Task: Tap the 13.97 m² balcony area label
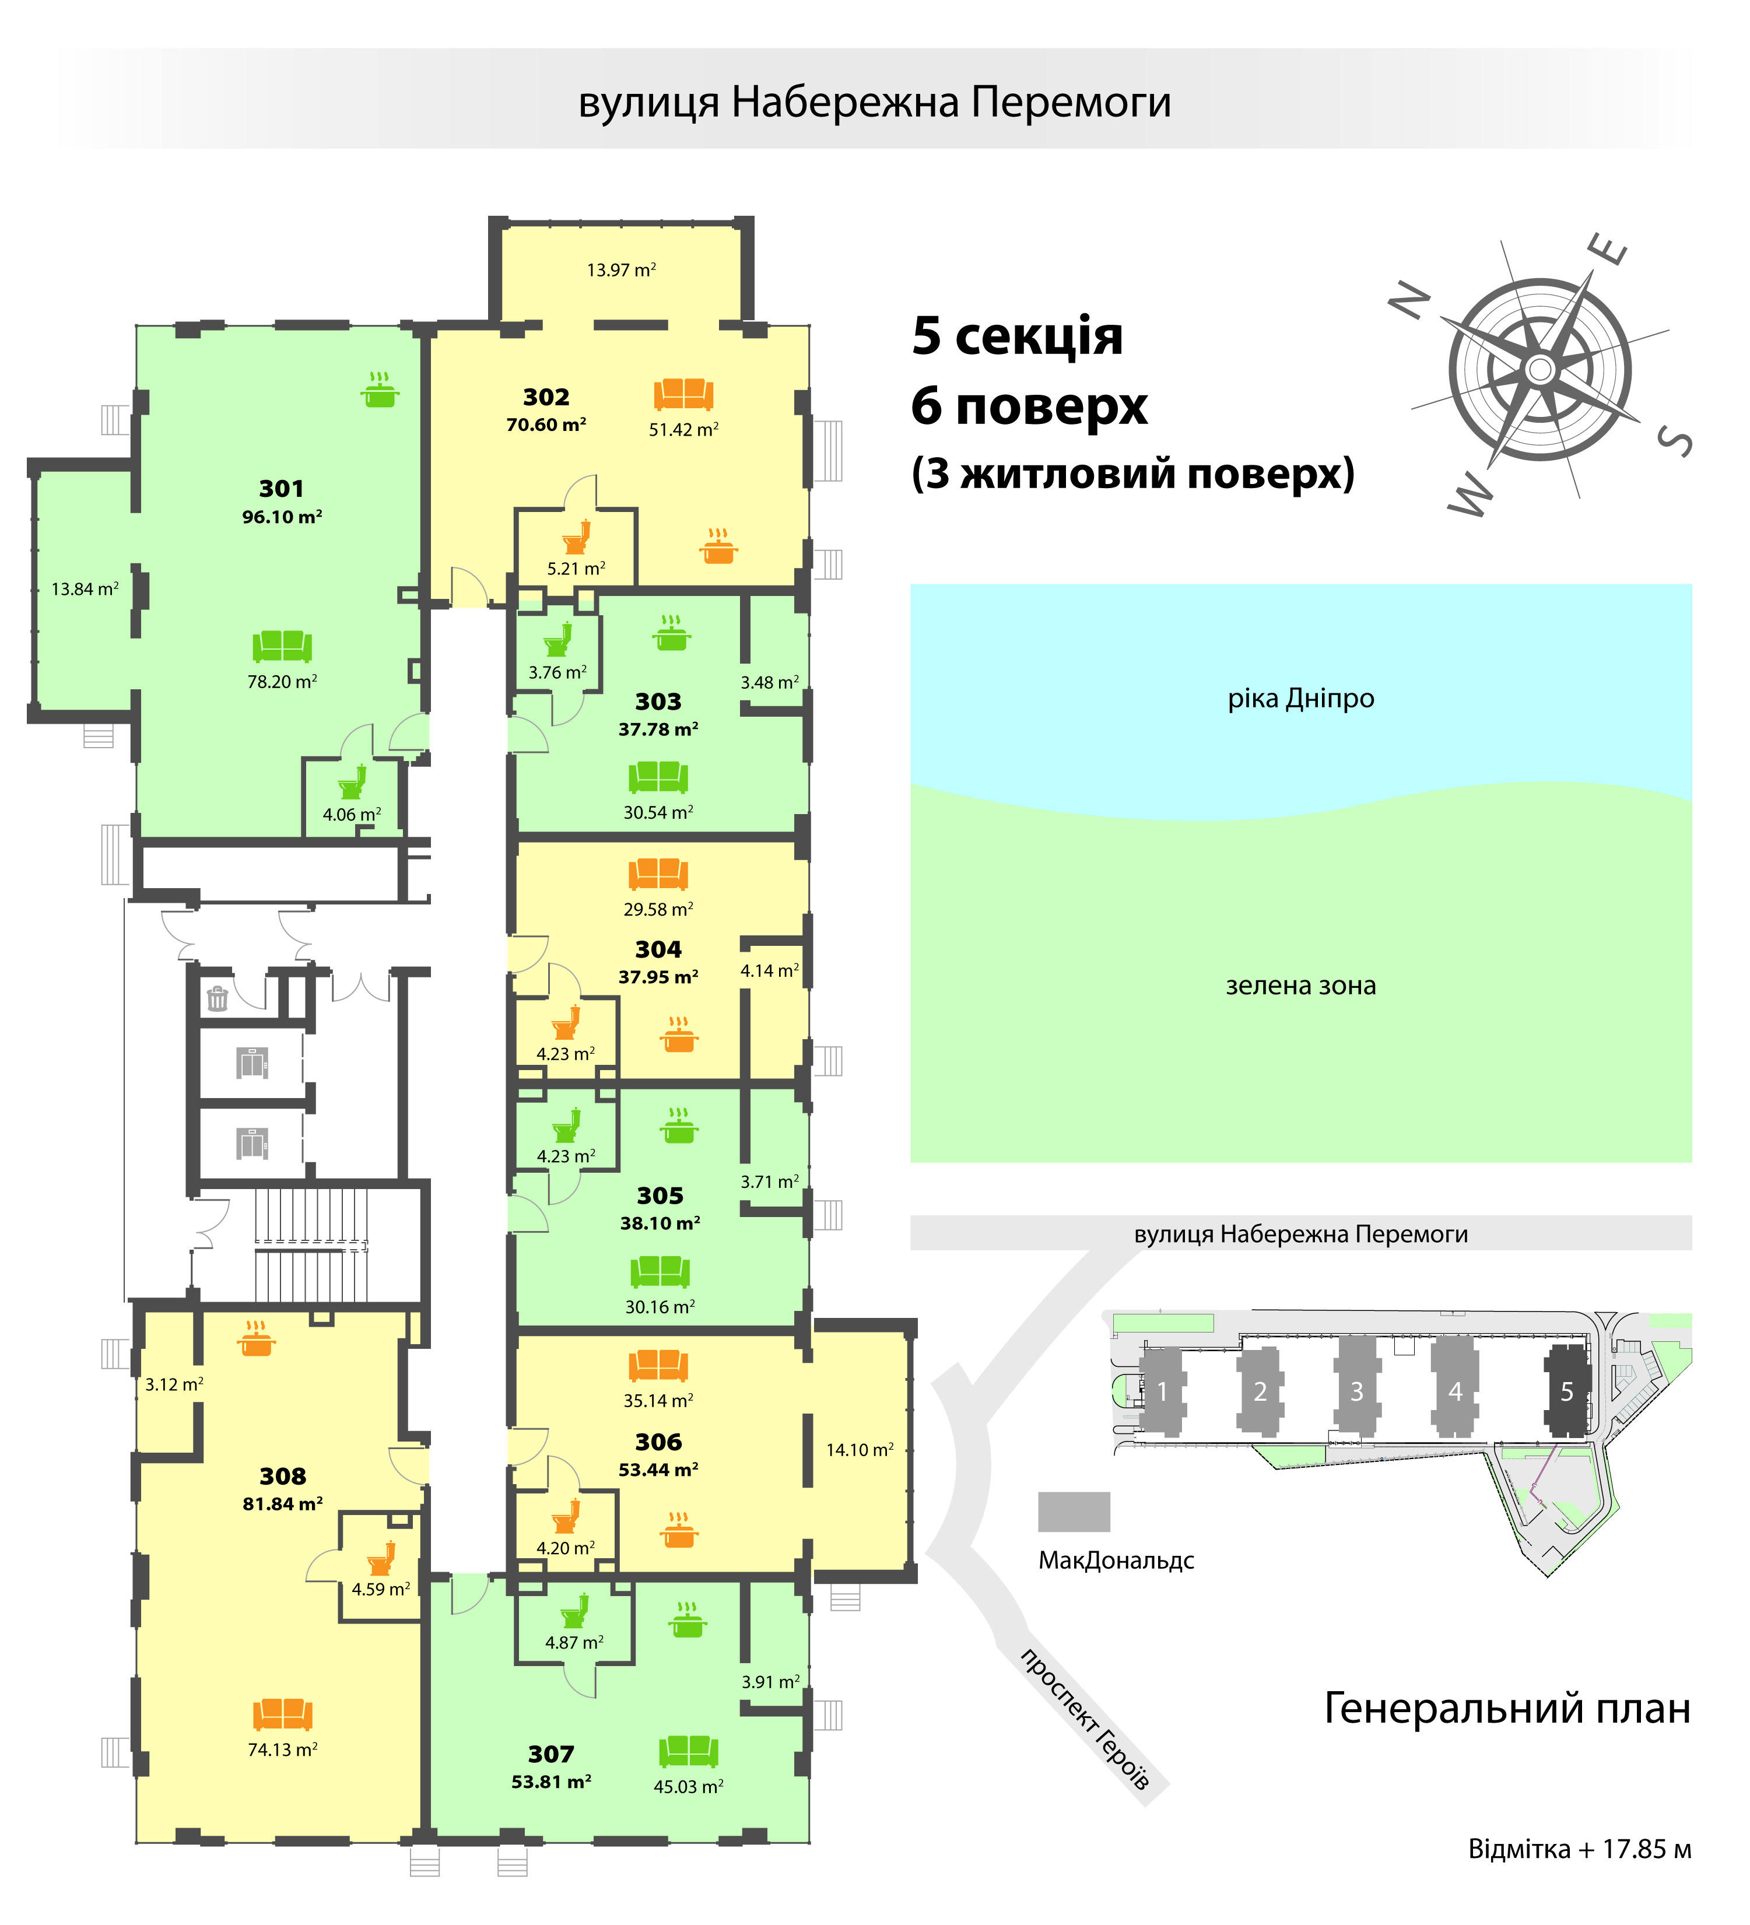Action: (622, 270)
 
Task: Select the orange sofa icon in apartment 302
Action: (683, 394)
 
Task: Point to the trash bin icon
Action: (218, 999)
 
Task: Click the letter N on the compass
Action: (1409, 301)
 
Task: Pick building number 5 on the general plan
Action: (1567, 1391)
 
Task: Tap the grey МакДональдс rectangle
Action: (1074, 1512)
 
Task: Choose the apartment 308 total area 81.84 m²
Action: (283, 1504)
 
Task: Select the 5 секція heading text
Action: (1017, 336)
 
